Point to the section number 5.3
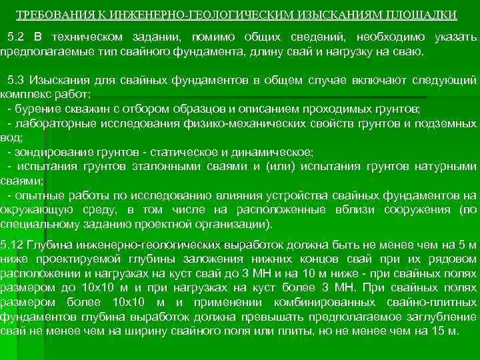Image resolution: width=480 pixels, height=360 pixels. (14, 81)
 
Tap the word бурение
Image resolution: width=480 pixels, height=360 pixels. (36, 109)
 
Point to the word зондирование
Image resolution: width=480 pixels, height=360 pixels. (52, 152)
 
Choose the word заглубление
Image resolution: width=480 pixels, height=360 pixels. (443, 317)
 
